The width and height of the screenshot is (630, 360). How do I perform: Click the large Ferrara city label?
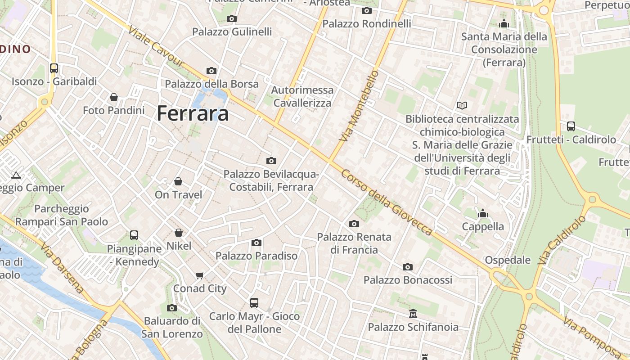point(193,113)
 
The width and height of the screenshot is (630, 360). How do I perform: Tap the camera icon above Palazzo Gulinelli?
point(232,18)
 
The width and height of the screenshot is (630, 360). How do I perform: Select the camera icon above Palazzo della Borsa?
point(211,71)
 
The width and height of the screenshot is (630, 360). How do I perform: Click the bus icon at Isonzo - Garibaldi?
point(54,68)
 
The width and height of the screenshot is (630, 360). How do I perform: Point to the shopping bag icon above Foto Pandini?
point(114,97)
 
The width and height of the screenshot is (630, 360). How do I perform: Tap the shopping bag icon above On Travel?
point(178,181)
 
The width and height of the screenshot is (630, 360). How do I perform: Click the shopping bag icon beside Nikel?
point(179,233)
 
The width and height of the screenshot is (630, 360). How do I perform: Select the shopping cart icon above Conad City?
point(200,275)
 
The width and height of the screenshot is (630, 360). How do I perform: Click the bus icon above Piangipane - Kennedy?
point(134,235)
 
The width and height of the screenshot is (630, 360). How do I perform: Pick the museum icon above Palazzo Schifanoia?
point(413,313)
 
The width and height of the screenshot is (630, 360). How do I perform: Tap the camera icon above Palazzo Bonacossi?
point(408,267)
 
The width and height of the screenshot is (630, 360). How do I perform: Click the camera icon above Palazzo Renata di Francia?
point(354,224)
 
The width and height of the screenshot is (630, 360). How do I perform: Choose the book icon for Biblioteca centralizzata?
point(462,106)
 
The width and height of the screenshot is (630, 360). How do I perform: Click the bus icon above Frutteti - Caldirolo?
point(571,126)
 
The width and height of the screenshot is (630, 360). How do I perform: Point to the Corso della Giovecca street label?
point(387,202)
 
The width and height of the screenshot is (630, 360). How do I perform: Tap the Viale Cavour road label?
point(156,46)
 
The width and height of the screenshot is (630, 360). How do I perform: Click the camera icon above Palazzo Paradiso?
point(256,243)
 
